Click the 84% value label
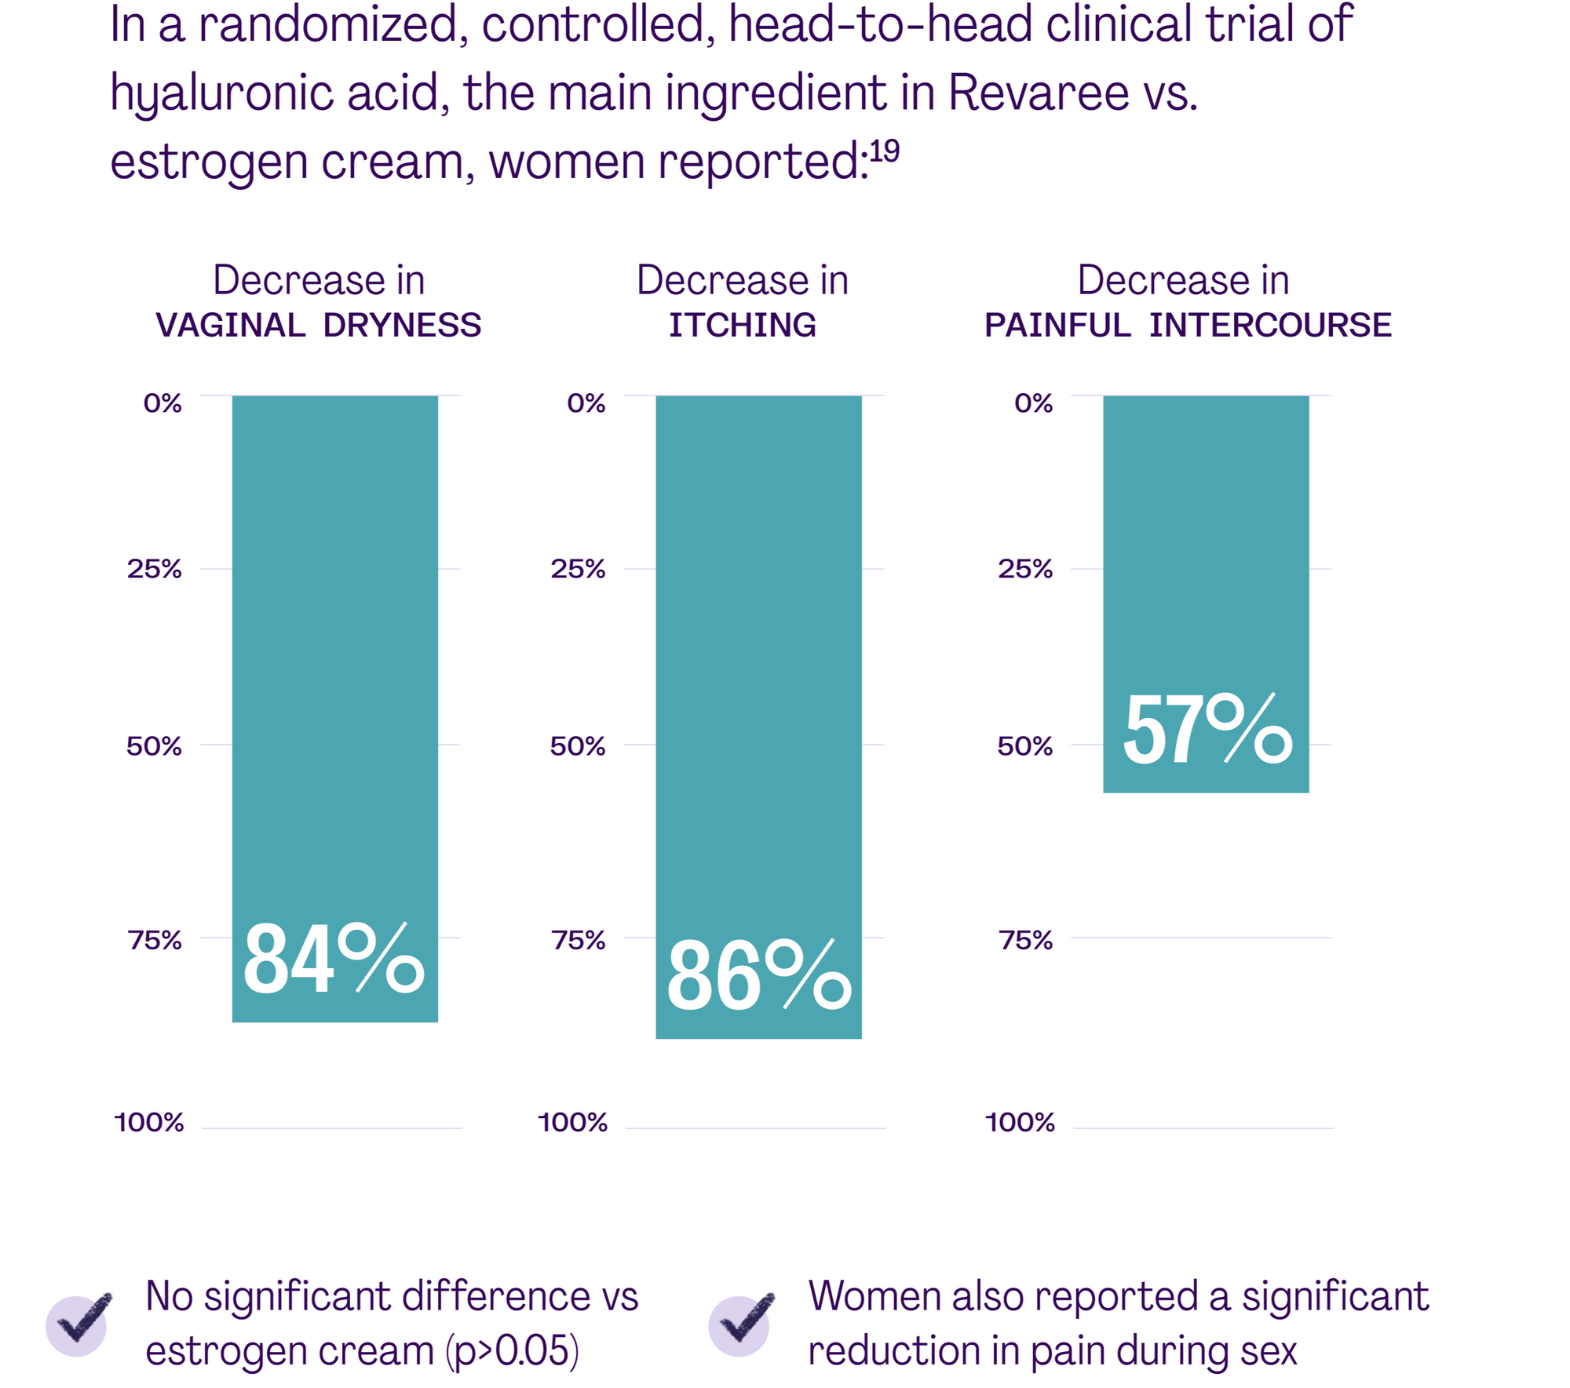pos(334,960)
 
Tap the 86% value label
pos(758,977)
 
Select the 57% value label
pos(1207,730)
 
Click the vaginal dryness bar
pos(334,628)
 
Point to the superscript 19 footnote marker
pos(884,151)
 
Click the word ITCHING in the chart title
pos(742,325)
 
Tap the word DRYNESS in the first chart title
pos(402,325)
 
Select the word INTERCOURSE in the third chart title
pos(1270,325)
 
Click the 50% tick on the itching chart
pos(577,745)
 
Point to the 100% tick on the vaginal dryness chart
pos(149,1122)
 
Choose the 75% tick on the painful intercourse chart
pos(1025,939)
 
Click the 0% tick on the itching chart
pos(586,403)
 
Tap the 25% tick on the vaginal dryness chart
pos(154,569)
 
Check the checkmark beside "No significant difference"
pos(78,1321)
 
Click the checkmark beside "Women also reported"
pos(741,1321)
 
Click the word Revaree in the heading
pos(1038,93)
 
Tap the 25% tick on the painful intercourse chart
pos(1025,569)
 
